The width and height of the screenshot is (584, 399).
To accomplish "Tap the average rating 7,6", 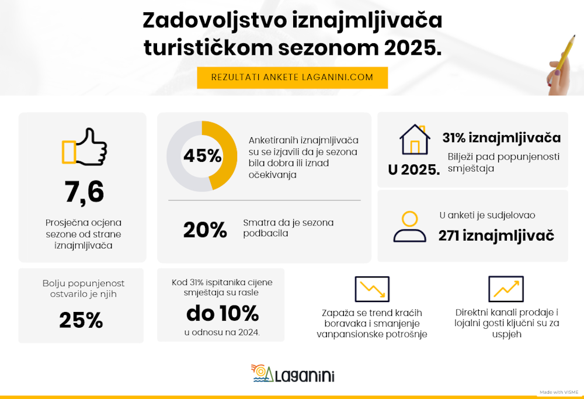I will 84,192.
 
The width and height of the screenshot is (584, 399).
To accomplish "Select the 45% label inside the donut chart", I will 202,156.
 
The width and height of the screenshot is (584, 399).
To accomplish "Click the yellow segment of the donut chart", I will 225,155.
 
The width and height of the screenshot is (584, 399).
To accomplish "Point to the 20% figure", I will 205,230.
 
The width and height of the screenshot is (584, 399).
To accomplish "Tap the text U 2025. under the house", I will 414,170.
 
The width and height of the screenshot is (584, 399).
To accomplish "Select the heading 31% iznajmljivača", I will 501,138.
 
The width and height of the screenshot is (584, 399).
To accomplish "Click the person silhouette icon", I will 409,227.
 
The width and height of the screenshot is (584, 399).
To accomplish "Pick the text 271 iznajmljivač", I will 496,235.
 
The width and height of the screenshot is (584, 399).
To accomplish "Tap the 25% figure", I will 81,320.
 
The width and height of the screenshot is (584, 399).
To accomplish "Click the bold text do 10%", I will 222,314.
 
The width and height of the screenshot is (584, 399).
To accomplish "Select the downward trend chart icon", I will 372,289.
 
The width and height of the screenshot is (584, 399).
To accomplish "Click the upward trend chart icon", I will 506,289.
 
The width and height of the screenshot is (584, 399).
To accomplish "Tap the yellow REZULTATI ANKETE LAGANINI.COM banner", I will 292,78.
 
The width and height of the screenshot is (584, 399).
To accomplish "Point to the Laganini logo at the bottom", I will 293,373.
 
